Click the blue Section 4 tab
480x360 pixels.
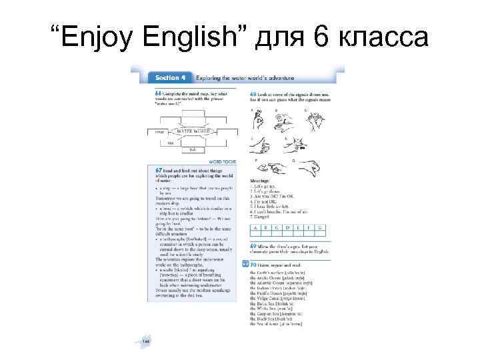pyautogui.click(x=163, y=78)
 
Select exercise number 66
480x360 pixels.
pyautogui.click(x=157, y=91)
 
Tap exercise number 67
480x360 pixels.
pyautogui.click(x=157, y=169)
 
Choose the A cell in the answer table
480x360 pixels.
pyautogui.click(x=255, y=228)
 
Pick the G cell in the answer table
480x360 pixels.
pyautogui.click(x=320, y=228)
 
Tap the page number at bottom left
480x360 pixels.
pyautogui.click(x=146, y=341)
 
